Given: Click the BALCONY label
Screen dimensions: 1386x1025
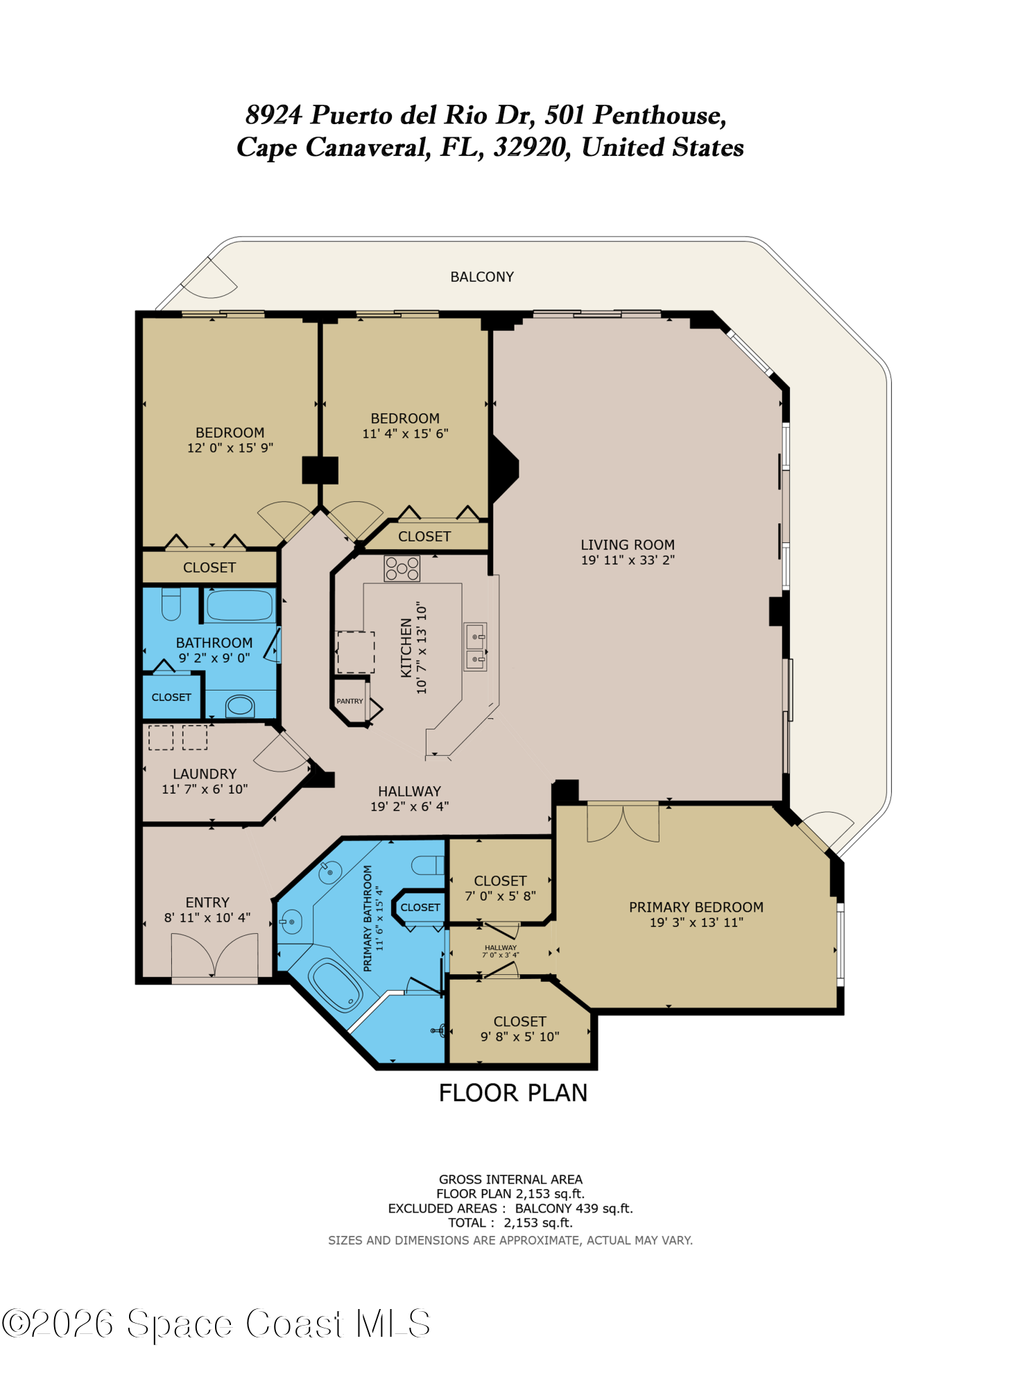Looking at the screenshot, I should click(482, 277).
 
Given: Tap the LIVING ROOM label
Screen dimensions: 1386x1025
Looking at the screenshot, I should click(627, 545).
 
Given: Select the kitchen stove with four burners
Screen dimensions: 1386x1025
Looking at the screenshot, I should click(402, 569).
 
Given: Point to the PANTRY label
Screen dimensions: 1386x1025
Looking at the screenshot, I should click(350, 701).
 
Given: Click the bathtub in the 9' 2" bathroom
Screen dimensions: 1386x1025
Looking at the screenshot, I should click(239, 605).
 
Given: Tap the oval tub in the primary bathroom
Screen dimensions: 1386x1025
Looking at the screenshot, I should click(336, 985).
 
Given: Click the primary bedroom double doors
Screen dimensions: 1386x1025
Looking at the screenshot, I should click(623, 823).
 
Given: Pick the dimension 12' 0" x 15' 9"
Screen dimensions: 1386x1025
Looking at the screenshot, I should click(230, 448).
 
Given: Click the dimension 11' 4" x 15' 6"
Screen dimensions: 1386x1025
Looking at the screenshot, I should click(405, 434).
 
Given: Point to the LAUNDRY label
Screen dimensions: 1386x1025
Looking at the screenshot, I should click(205, 774).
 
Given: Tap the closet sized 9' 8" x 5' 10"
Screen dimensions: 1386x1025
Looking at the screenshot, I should click(519, 1029).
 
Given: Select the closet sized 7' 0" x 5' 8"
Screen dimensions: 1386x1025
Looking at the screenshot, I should click(500, 888).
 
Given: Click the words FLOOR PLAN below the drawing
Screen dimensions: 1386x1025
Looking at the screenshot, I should click(513, 1093).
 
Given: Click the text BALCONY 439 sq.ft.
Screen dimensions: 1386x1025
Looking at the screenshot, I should click(574, 1209).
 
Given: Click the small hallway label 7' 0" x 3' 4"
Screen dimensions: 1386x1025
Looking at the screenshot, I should click(500, 955).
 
